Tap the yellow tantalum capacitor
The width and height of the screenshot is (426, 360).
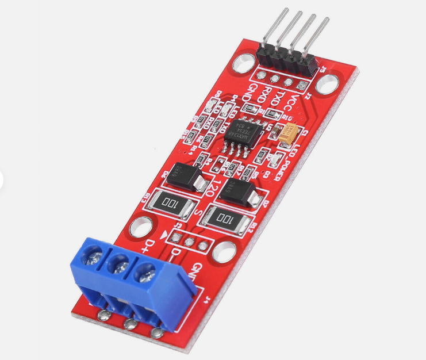[287, 133]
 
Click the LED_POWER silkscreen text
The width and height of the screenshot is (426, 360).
[281, 162]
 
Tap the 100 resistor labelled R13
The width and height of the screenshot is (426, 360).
[170, 203]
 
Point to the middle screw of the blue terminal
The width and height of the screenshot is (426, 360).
[120, 265]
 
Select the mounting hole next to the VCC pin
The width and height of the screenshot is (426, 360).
[326, 85]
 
